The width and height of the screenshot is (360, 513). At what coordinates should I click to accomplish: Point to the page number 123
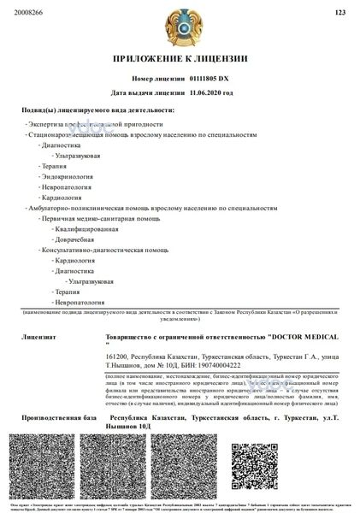coord(340,13)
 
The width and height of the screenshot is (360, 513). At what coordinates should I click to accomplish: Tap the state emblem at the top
coord(180,27)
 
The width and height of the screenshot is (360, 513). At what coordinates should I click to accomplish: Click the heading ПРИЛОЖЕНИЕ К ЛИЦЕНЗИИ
coord(180,59)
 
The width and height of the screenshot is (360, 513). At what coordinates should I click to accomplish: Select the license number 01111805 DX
coord(209,78)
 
